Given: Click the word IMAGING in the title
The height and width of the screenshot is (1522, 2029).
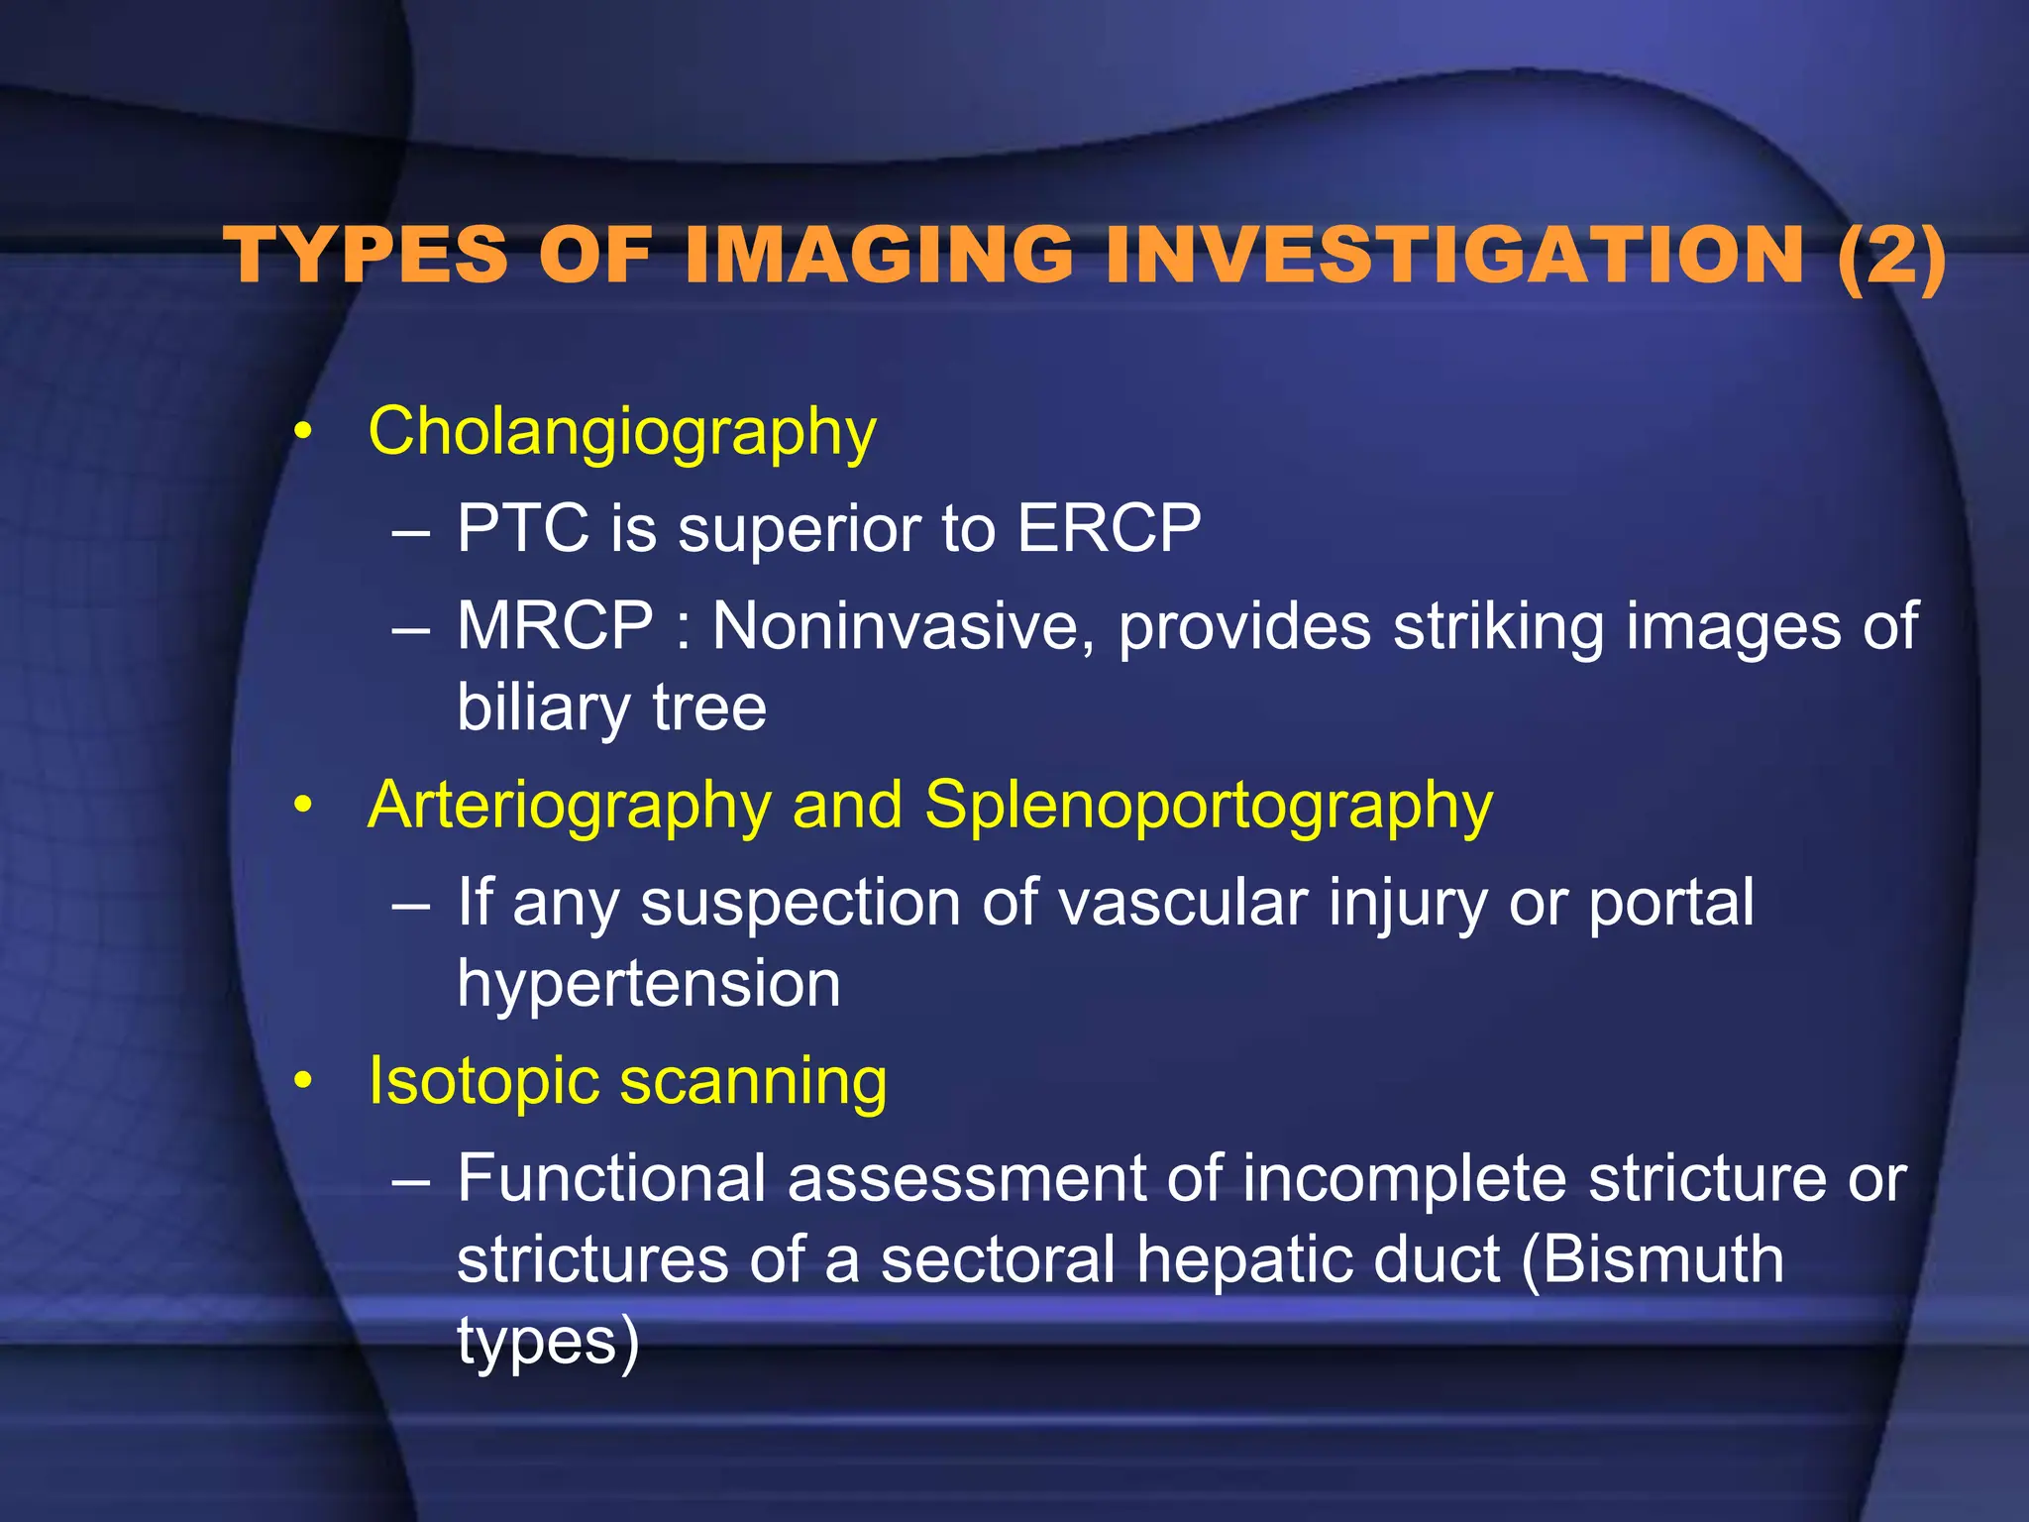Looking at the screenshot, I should [x=877, y=256].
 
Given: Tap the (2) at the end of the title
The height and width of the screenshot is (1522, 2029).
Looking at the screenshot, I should [x=1890, y=256].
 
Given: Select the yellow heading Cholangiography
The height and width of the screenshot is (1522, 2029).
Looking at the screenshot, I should [x=622, y=432].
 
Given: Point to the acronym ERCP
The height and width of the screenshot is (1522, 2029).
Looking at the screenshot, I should [x=1109, y=528].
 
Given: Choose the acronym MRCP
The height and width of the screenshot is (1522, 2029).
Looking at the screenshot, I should [x=555, y=626].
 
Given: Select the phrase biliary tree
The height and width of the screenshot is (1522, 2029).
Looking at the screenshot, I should [x=611, y=708].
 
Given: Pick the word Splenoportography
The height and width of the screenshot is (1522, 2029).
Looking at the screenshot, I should [x=1208, y=805].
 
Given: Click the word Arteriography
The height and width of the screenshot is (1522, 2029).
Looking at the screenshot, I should [x=569, y=805].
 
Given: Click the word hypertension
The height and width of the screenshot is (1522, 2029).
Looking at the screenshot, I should [x=648, y=984].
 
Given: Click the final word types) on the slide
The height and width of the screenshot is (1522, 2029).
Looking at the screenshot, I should [x=548, y=1342].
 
